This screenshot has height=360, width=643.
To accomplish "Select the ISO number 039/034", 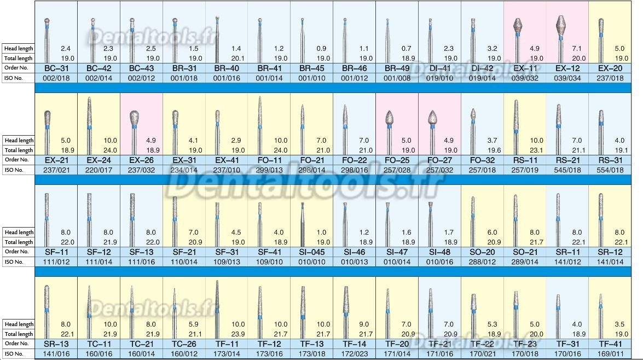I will (567, 78).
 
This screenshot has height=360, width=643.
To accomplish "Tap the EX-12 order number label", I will (567, 68).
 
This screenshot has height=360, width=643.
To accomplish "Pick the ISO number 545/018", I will (567, 170).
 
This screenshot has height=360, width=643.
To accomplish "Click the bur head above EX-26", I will (135, 118).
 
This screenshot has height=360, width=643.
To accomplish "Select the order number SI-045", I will (311, 252).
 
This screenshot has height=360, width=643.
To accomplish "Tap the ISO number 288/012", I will (482, 262).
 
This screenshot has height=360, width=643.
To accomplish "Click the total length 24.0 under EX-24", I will (110, 150).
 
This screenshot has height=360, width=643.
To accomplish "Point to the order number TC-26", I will (183, 344).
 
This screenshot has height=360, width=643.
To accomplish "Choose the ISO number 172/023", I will (354, 354).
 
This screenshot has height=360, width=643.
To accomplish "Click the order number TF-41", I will (610, 344).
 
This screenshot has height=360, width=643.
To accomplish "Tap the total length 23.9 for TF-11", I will (237, 334).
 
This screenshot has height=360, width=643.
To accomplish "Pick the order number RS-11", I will (524, 160).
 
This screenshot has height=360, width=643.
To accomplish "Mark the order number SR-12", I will (610, 252).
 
